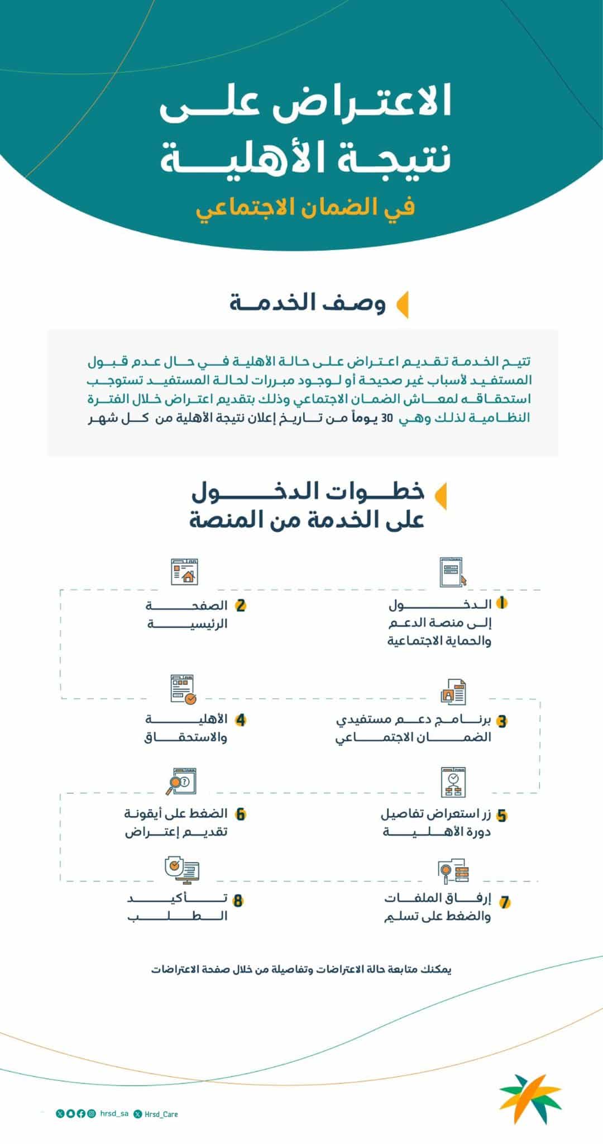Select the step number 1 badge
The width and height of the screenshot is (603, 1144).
(502, 603)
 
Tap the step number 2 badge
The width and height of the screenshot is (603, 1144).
(241, 606)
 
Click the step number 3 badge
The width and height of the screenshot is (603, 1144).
(502, 721)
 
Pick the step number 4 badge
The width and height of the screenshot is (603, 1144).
(241, 720)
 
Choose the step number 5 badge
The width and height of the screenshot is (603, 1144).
(502, 816)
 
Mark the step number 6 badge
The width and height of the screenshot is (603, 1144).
(241, 814)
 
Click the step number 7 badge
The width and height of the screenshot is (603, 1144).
(505, 902)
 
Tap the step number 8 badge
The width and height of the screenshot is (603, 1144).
(238, 900)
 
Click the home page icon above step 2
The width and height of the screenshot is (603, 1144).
(185, 571)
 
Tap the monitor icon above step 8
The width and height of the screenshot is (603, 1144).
(182, 870)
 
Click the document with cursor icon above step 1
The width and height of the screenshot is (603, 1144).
(453, 572)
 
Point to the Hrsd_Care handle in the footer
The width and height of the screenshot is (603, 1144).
(161, 1114)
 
